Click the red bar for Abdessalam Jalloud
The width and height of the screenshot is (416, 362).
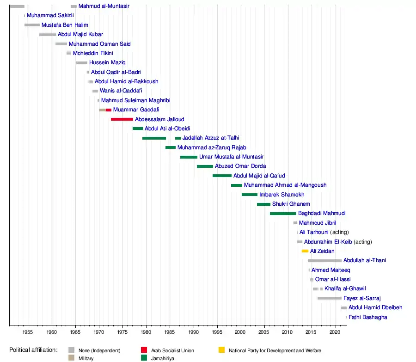(122, 119)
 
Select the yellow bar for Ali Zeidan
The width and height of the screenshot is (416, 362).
(305, 251)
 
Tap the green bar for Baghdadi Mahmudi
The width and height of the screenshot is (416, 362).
(283, 214)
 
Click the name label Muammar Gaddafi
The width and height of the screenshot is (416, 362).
(136, 110)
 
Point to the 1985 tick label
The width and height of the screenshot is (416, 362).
(170, 332)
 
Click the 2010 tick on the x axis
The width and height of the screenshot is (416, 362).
(288, 326)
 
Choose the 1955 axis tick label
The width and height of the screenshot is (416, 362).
(28, 332)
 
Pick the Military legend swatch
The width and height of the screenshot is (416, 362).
(71, 357)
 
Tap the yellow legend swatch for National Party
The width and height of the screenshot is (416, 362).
(221, 350)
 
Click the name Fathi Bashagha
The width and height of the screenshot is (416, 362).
(368, 317)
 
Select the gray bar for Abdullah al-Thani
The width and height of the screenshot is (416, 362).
(324, 261)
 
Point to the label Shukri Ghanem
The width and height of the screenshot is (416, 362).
(291, 204)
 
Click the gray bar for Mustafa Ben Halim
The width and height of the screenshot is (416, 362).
(32, 25)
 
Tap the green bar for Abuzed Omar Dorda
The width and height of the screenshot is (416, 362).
(205, 166)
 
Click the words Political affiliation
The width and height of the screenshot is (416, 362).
(33, 350)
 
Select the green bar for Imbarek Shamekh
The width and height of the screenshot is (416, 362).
(250, 195)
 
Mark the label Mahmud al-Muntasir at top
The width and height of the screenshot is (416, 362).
(104, 6)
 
